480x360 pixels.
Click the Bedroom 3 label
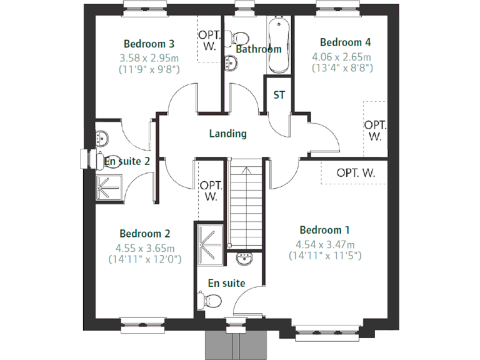pyautogui.click(x=149, y=44)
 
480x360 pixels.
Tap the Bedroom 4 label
pyautogui.click(x=345, y=42)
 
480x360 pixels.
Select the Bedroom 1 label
pyautogui.click(x=321, y=229)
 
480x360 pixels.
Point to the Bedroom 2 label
pyautogui.click(x=145, y=233)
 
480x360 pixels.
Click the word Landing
pyautogui.click(x=227, y=133)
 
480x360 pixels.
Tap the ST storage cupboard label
pyautogui.click(x=279, y=96)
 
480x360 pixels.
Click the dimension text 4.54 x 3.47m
pyautogui.click(x=326, y=244)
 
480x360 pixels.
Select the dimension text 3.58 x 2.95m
pyautogui.click(x=149, y=57)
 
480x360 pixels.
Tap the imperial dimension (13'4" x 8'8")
pyautogui.click(x=342, y=67)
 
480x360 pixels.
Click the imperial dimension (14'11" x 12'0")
pyautogui.click(x=145, y=259)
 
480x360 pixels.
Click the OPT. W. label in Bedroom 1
pyautogui.click(x=355, y=173)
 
